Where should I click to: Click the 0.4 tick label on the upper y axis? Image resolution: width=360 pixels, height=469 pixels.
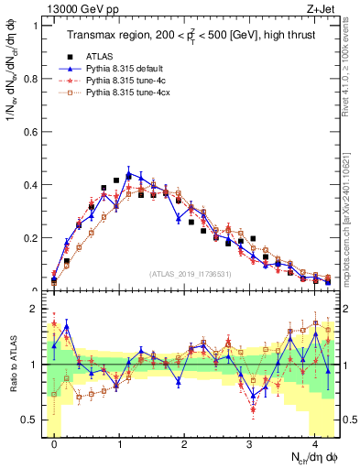click(29, 185)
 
